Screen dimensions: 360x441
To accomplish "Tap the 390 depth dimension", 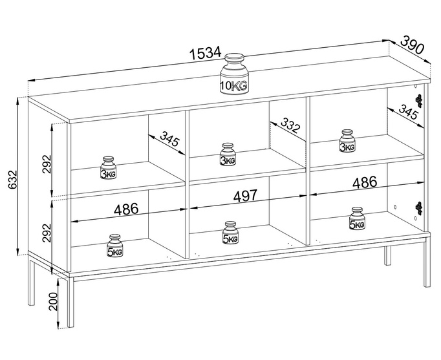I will (412, 45).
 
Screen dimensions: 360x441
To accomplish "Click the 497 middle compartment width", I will (245, 196).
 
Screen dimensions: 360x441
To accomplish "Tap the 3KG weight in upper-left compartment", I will (108, 167).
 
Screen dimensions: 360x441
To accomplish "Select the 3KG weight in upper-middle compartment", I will (228, 155).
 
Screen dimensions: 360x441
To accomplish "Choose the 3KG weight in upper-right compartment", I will (348, 141).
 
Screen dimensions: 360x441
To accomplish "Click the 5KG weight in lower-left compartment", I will (115, 246).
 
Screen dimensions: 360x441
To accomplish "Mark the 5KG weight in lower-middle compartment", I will (231, 233).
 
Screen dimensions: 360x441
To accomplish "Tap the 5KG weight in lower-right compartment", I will (356, 218).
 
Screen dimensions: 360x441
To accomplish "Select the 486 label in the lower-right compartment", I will (365, 183).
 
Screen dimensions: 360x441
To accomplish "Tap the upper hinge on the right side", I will (419, 101).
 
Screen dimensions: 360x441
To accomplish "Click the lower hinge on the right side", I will (419, 208).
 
